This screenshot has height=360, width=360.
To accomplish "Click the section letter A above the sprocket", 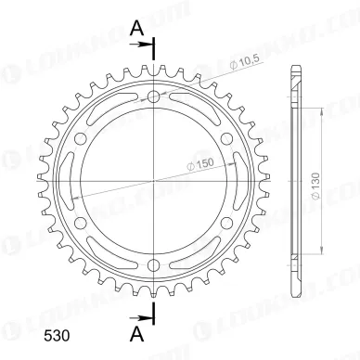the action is pyautogui.click(x=137, y=29).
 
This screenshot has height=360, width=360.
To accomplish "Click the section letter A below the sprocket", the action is pyautogui.click(x=137, y=335).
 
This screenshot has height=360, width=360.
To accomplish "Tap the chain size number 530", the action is pyautogui.click(x=57, y=336).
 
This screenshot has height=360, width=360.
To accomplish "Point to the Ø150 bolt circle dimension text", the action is pyautogui.click(x=201, y=164).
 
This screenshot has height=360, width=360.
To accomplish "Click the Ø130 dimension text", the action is pyautogui.click(x=315, y=186).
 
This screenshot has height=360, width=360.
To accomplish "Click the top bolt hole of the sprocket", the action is pyautogui.click(x=154, y=96).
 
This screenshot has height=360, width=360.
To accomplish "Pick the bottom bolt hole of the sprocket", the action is pyautogui.click(x=154, y=264).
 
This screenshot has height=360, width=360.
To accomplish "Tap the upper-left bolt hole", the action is pyautogui.click(x=81, y=138).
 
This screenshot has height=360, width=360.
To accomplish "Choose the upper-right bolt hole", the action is pyautogui.click(x=226, y=138).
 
